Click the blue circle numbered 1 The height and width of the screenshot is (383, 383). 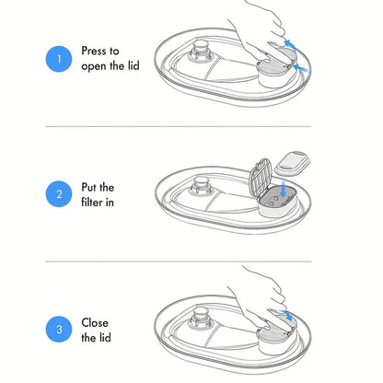click(59, 59)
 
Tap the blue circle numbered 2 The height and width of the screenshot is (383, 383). click(59, 194)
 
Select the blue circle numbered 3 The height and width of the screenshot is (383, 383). click(59, 330)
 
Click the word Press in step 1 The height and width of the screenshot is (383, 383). click(96, 51)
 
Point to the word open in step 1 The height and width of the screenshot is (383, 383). click(94, 67)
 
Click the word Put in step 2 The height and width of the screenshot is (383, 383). click(88, 187)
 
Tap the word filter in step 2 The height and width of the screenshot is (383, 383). click(92, 203)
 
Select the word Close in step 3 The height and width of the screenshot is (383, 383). click(95, 322)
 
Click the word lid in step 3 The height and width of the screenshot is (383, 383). click(104, 338)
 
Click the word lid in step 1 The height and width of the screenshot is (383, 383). click(133, 65)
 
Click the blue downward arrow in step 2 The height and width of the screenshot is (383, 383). click(283, 189)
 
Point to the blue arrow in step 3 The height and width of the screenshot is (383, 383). click(286, 315)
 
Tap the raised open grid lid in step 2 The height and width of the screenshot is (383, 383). click(261, 178)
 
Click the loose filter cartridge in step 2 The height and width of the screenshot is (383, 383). click(293, 162)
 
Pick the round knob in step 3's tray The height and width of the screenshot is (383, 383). click(201, 318)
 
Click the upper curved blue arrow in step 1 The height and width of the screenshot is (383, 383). click(290, 45)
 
